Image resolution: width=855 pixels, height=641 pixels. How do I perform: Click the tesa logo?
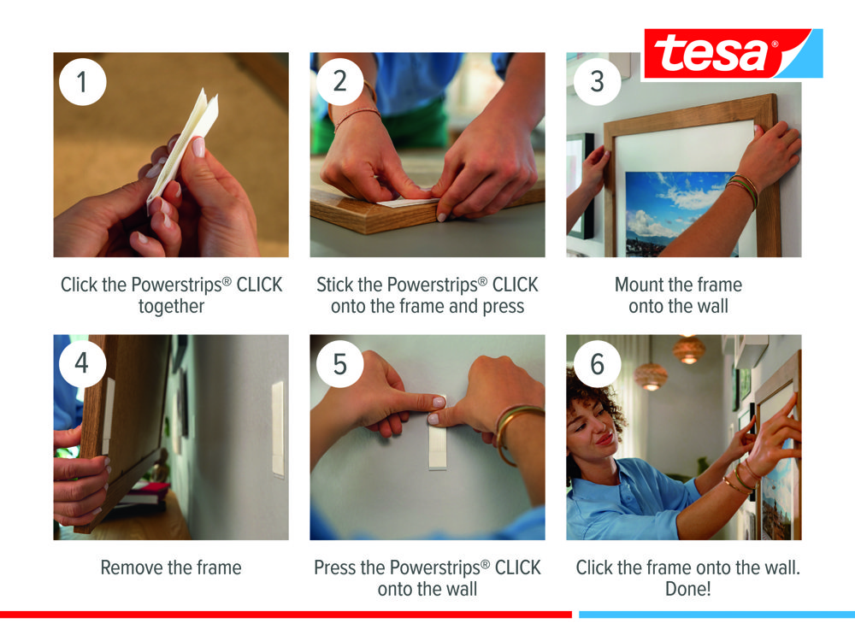pos(733,53)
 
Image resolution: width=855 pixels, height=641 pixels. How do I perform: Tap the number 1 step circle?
pos(82,82)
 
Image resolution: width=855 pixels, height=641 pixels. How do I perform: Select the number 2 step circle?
pos(339,82)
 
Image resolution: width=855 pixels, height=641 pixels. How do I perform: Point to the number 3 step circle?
pos(597,82)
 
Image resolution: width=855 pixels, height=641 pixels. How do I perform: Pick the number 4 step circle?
pos(82,363)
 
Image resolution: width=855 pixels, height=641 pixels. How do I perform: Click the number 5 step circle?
pos(339,363)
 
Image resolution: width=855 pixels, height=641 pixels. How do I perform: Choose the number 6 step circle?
pos(597,363)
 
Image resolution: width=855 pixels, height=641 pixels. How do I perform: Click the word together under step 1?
pos(171,307)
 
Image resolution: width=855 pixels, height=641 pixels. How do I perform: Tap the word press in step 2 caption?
pos(504,307)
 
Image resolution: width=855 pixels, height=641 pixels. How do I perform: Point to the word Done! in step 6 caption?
pos(688,589)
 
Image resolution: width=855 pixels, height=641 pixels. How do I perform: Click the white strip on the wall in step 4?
pos(278,428)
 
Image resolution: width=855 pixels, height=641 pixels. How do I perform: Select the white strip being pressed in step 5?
pos(437,442)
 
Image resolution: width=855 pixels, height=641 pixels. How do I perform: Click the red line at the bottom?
pos(286,615)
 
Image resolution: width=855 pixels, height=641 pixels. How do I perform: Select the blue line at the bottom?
pos(717,615)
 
